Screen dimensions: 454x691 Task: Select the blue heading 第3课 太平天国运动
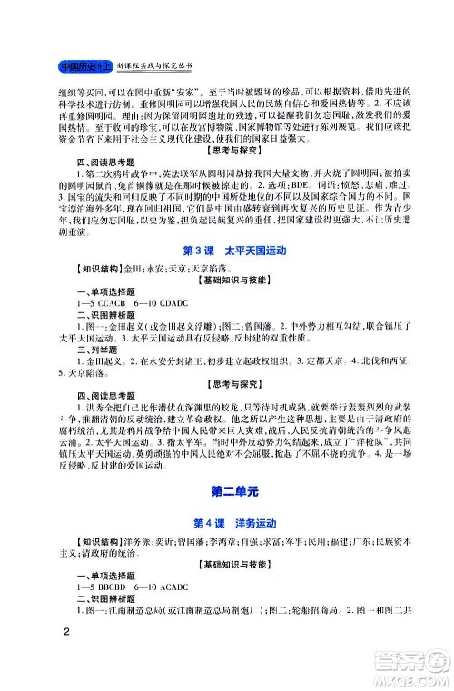point(228,251)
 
